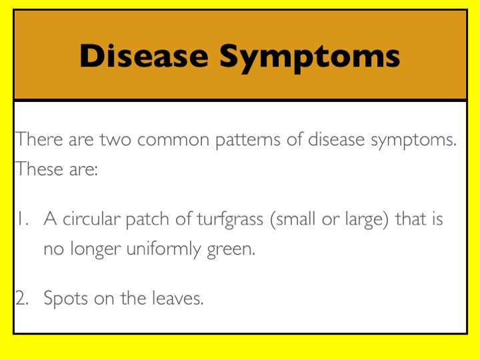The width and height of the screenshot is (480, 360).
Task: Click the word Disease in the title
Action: (144, 56)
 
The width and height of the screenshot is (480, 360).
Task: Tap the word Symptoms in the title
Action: (310, 58)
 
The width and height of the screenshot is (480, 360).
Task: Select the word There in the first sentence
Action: (39, 139)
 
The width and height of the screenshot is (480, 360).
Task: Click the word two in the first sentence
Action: (115, 139)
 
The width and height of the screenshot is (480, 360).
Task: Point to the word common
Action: (173, 141)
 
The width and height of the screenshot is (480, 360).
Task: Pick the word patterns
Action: (247, 141)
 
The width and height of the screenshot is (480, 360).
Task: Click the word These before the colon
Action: (39, 169)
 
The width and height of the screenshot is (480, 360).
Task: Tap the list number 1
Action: (23, 219)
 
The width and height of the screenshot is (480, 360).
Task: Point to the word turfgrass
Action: (229, 219)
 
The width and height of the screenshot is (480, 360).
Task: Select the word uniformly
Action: (164, 249)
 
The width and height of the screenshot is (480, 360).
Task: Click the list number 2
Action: (22, 298)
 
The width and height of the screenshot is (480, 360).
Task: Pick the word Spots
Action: (66, 299)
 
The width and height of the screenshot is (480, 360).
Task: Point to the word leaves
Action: (177, 298)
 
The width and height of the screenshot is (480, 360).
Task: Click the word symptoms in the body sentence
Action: (413, 141)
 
